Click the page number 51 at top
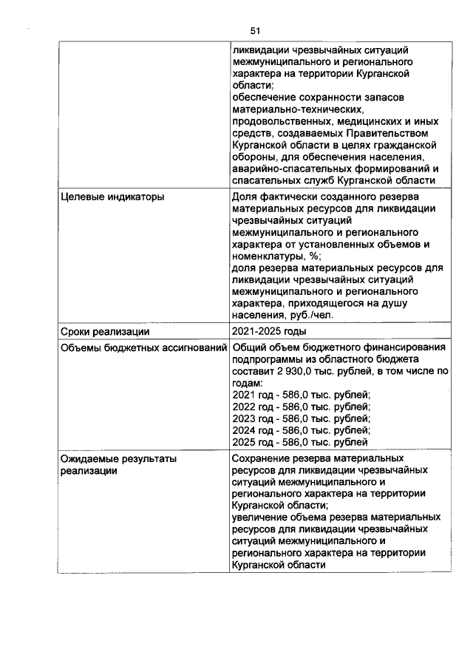pos(255,30)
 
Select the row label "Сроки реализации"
pos(100,331)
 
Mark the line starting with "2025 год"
pos(300,443)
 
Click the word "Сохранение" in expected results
pos(262,459)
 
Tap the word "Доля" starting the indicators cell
pos(245,197)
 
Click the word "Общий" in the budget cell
pos(249,348)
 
